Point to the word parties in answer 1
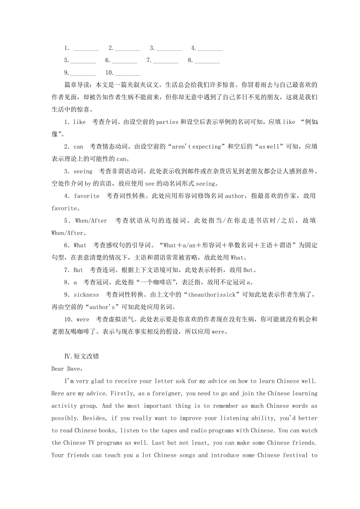click(x=167, y=122)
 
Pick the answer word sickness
click(x=86, y=295)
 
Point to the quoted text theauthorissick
click(x=212, y=295)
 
